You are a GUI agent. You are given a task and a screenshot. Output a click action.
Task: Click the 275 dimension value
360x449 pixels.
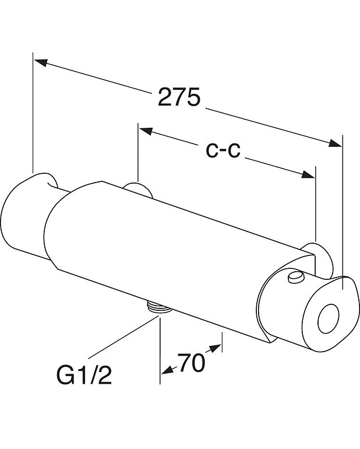pyautogui.click(x=179, y=97)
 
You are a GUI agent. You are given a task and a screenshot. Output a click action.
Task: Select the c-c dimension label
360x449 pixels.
pyautogui.click(x=224, y=150)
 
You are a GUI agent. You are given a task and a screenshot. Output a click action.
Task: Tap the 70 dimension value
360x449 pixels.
pyautogui.click(x=191, y=364)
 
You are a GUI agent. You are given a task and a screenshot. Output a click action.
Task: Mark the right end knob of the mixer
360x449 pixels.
pyautogui.click(x=326, y=315)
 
